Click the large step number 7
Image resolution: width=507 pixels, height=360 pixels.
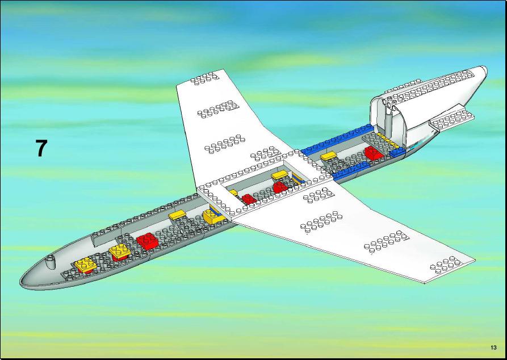(x=41, y=148)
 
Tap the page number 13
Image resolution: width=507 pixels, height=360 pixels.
(x=493, y=348)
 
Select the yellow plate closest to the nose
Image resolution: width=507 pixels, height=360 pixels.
(x=86, y=265)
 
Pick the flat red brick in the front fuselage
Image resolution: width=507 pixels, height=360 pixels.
(x=147, y=240)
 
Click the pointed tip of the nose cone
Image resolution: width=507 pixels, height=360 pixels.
(x=20, y=281)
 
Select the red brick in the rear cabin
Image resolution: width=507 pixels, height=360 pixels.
(x=374, y=153)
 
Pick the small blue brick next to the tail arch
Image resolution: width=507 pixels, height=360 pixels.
(x=397, y=152)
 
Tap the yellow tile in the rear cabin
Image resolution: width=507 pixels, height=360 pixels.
(x=329, y=156)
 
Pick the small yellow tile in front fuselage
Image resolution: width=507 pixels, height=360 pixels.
(x=177, y=215)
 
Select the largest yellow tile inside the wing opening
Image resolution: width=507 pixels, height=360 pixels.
(x=280, y=175)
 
